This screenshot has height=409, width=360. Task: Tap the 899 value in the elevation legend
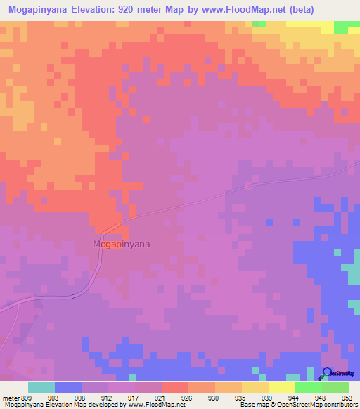point(27,397)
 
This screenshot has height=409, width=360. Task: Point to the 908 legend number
point(81,397)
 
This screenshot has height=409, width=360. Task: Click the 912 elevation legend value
point(108,397)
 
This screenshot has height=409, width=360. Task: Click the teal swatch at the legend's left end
point(41,387)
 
